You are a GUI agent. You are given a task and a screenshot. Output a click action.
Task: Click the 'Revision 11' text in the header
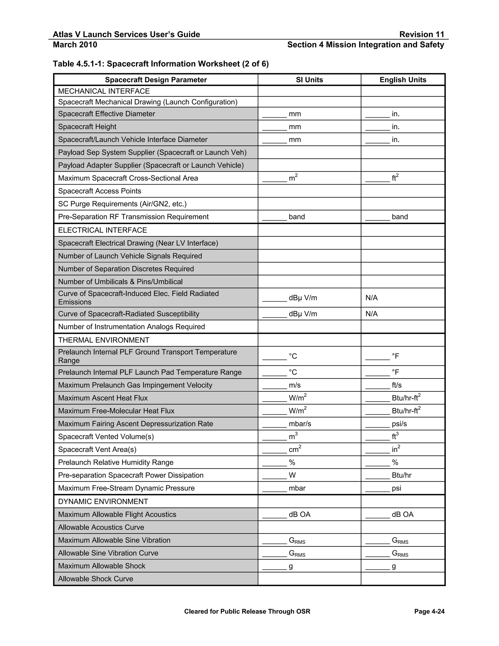(x=422, y=35)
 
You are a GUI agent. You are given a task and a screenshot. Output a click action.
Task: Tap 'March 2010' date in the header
(x=75, y=45)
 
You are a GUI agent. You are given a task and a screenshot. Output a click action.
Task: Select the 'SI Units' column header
(x=309, y=80)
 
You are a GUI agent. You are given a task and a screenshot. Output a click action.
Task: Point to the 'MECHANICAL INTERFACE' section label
(x=104, y=91)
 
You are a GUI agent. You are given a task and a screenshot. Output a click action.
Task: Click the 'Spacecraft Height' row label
(x=87, y=127)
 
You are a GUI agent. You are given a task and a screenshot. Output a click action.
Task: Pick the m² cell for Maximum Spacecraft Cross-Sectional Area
(x=309, y=178)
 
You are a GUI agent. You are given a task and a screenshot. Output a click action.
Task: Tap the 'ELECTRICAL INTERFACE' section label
(x=102, y=230)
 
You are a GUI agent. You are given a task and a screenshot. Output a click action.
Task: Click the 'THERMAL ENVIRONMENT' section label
(x=104, y=340)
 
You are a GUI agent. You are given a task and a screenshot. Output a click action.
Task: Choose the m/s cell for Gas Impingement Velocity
(x=309, y=385)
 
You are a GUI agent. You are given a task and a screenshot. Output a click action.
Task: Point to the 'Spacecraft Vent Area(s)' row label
(x=97, y=450)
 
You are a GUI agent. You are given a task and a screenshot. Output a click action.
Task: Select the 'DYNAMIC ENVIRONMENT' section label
(x=103, y=502)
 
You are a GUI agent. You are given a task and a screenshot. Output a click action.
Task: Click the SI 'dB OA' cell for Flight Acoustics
(x=309, y=515)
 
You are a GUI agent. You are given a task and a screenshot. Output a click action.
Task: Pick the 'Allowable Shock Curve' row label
(x=96, y=579)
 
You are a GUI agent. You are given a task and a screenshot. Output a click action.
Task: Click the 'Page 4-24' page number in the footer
(x=429, y=611)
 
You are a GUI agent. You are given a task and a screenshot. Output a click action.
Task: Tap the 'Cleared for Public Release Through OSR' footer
(x=247, y=611)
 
